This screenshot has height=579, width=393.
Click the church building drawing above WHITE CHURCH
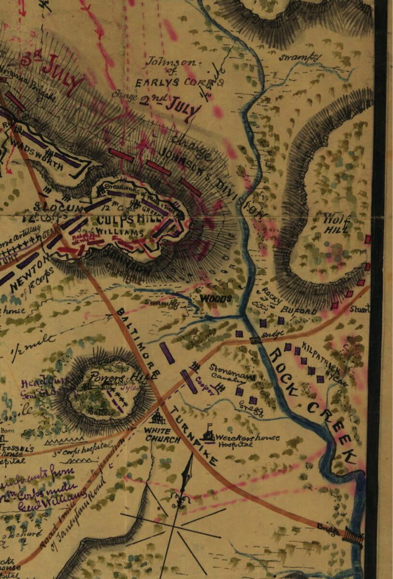(x=158, y=416)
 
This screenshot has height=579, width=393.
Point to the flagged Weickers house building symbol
(x=209, y=433)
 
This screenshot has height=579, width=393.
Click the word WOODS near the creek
(x=216, y=299)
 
